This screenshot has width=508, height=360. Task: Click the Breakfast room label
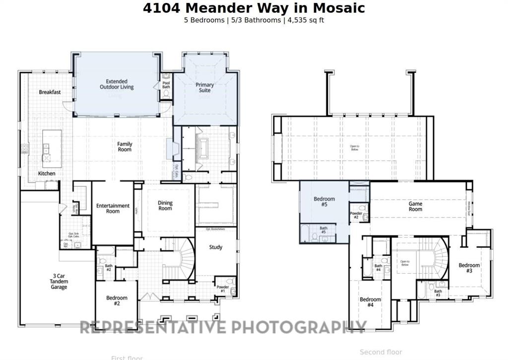point(50,92)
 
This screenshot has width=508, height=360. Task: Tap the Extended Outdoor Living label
point(117,84)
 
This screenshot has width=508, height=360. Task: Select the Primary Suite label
point(204,87)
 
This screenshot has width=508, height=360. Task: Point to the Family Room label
point(125,146)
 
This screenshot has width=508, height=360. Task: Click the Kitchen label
point(47,173)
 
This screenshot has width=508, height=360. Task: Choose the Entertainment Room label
point(113,208)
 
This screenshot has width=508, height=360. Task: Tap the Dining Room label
point(165,206)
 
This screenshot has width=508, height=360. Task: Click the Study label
point(215,247)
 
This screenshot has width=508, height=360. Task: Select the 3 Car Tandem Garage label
point(59,282)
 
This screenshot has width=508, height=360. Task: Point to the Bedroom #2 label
point(117,300)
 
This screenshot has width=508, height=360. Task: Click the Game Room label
point(415,207)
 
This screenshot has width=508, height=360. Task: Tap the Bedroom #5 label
point(324,202)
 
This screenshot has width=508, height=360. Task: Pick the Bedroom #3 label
point(469,268)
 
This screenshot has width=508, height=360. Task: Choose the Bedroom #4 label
point(370,302)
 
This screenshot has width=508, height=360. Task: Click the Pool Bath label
point(166,85)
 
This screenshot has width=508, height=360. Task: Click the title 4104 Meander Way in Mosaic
point(254,8)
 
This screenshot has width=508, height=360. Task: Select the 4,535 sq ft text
point(306,20)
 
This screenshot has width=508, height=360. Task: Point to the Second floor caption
point(381,352)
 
